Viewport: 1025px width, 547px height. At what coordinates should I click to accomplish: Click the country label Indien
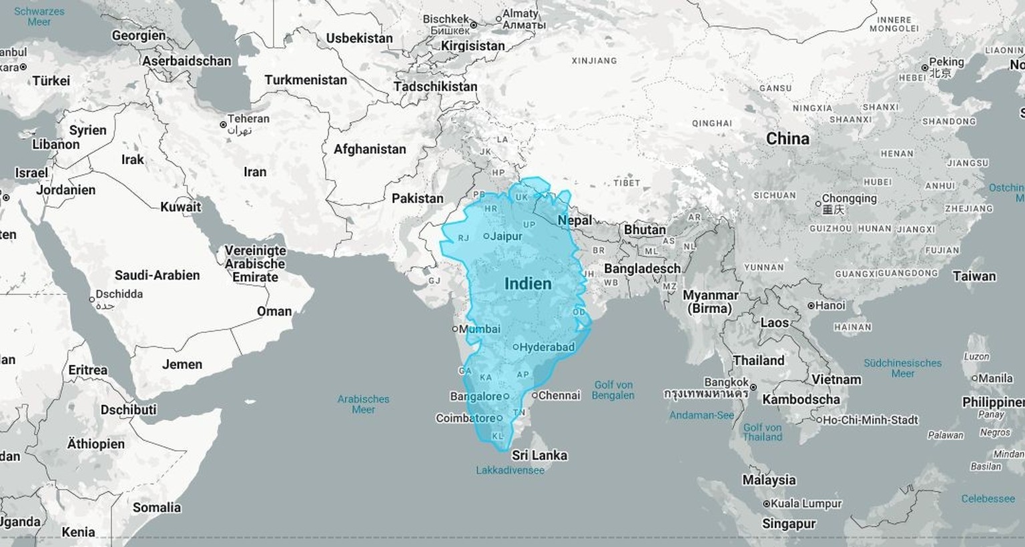pyautogui.click(x=528, y=284)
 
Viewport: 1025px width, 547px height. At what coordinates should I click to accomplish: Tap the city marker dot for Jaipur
pyautogui.click(x=486, y=236)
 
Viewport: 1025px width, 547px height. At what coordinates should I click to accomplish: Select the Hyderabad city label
pyautogui.click(x=547, y=347)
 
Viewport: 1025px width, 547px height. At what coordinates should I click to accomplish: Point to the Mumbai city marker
pyautogui.click(x=455, y=329)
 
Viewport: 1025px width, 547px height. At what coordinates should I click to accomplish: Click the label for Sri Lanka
pyautogui.click(x=539, y=456)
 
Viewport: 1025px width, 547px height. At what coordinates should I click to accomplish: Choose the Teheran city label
pyautogui.click(x=248, y=119)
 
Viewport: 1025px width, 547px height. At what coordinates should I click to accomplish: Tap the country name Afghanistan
pyautogui.click(x=370, y=149)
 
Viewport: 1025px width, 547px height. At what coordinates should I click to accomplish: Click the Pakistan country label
pyautogui.click(x=417, y=198)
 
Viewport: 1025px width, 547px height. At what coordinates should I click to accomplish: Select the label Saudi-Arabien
pyautogui.click(x=157, y=275)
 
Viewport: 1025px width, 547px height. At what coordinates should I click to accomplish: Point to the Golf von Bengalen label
pyautogui.click(x=613, y=390)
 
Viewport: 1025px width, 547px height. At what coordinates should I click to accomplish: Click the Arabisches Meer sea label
pyautogui.click(x=363, y=404)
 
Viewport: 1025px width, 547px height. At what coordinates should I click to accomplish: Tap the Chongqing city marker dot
pyautogui.click(x=818, y=203)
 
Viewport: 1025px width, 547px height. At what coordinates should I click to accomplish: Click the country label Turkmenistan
pyautogui.click(x=306, y=80)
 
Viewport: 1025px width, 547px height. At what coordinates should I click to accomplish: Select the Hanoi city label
pyautogui.click(x=830, y=305)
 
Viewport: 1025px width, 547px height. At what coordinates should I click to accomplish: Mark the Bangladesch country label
pyautogui.click(x=642, y=268)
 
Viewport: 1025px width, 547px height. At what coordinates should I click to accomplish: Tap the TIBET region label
pyautogui.click(x=627, y=182)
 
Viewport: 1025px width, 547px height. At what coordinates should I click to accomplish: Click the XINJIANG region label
pyautogui.click(x=594, y=61)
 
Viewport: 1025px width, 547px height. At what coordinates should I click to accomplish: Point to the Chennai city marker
pyautogui.click(x=535, y=395)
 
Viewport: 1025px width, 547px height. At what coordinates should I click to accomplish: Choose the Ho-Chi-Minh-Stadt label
pyautogui.click(x=870, y=420)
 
